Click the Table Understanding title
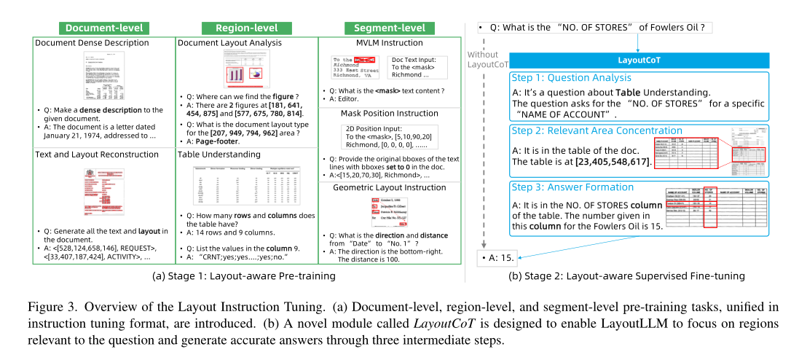coord(216,154)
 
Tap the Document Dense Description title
coord(92,43)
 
